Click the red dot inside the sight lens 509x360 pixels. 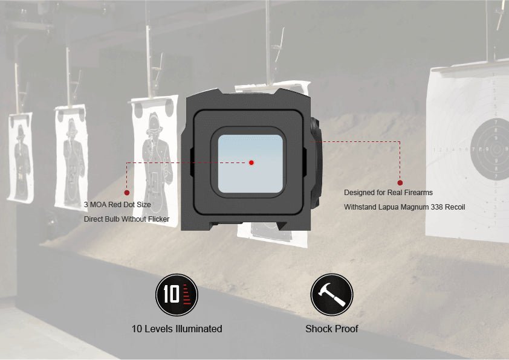(251, 162)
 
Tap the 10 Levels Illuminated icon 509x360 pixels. (177, 295)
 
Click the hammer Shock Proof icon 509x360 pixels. (331, 295)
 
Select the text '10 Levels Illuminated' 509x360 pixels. (177, 329)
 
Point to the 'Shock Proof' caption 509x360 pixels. (331, 329)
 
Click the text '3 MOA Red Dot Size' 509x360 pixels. (117, 205)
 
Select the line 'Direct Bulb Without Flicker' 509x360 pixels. (126, 219)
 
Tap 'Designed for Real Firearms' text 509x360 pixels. (388, 193)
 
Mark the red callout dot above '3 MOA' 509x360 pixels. (127, 193)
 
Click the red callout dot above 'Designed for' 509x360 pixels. (400, 182)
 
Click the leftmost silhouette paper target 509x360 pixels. (20, 157)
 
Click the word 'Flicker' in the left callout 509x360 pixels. (157, 219)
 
